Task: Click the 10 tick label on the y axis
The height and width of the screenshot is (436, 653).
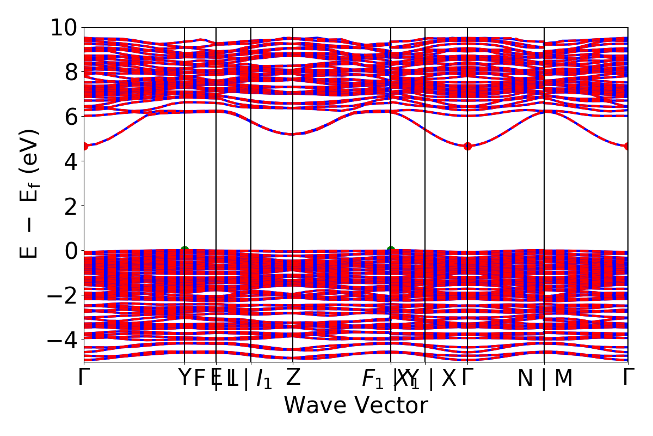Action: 64,27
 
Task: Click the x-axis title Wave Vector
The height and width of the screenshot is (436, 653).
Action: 356,405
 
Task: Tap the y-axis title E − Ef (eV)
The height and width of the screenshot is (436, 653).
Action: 30,194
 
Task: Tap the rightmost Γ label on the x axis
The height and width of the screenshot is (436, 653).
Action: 629,377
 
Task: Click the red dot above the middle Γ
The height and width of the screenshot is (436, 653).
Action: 467,146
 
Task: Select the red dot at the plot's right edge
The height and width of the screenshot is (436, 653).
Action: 628,146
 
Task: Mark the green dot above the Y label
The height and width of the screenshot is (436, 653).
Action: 184,250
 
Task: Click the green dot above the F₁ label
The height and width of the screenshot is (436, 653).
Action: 391,250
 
